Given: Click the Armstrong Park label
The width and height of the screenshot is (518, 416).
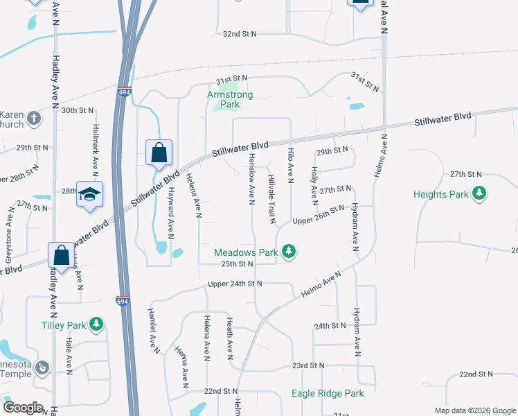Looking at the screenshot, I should pyautogui.click(x=231, y=99).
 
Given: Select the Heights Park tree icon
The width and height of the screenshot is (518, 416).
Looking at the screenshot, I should pyautogui.click(x=478, y=194).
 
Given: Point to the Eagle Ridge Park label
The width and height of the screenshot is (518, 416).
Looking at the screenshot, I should pyautogui.click(x=327, y=393).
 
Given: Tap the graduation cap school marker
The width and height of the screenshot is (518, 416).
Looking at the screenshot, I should pyautogui.click(x=89, y=194).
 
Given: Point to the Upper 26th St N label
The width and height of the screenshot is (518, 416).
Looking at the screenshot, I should pyautogui.click(x=318, y=220).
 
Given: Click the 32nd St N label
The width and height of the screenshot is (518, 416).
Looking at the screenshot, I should pyautogui.click(x=240, y=33).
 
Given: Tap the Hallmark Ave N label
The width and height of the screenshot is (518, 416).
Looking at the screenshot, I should pyautogui.click(x=96, y=148).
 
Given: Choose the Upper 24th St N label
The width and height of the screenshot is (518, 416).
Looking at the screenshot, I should pyautogui.click(x=235, y=284).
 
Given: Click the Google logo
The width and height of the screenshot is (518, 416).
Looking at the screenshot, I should pyautogui.click(x=23, y=408).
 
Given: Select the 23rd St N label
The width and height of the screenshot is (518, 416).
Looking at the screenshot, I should pyautogui.click(x=308, y=365).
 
